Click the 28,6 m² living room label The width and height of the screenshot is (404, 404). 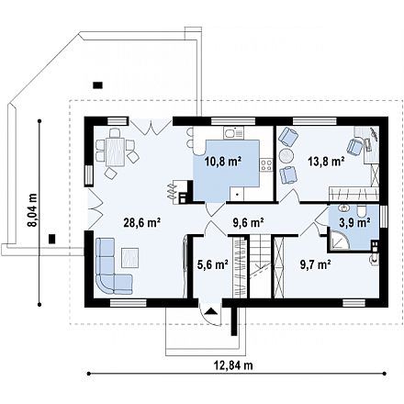point(142,223)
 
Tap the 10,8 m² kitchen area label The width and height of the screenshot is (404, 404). point(223,161)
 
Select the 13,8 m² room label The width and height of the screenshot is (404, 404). point(326,161)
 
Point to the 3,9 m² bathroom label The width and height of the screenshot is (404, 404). point(354,223)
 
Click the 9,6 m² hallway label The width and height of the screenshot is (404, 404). point(249,223)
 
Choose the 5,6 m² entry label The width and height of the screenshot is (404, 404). point(213,264)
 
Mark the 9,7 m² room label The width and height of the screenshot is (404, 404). point(315,264)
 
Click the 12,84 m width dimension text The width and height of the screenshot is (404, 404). point(233,365)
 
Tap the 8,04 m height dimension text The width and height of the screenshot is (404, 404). point(32,210)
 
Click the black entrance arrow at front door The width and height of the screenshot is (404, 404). point(210,311)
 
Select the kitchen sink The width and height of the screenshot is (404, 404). point(233,133)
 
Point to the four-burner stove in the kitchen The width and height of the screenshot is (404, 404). point(266,165)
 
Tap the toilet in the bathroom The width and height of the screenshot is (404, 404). point(362,211)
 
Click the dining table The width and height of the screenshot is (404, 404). point(116,151)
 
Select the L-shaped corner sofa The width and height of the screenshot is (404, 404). point(112,266)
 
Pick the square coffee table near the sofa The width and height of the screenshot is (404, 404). point(130,257)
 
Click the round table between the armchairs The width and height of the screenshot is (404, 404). point(287,156)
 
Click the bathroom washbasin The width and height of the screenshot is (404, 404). point(344,208)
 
